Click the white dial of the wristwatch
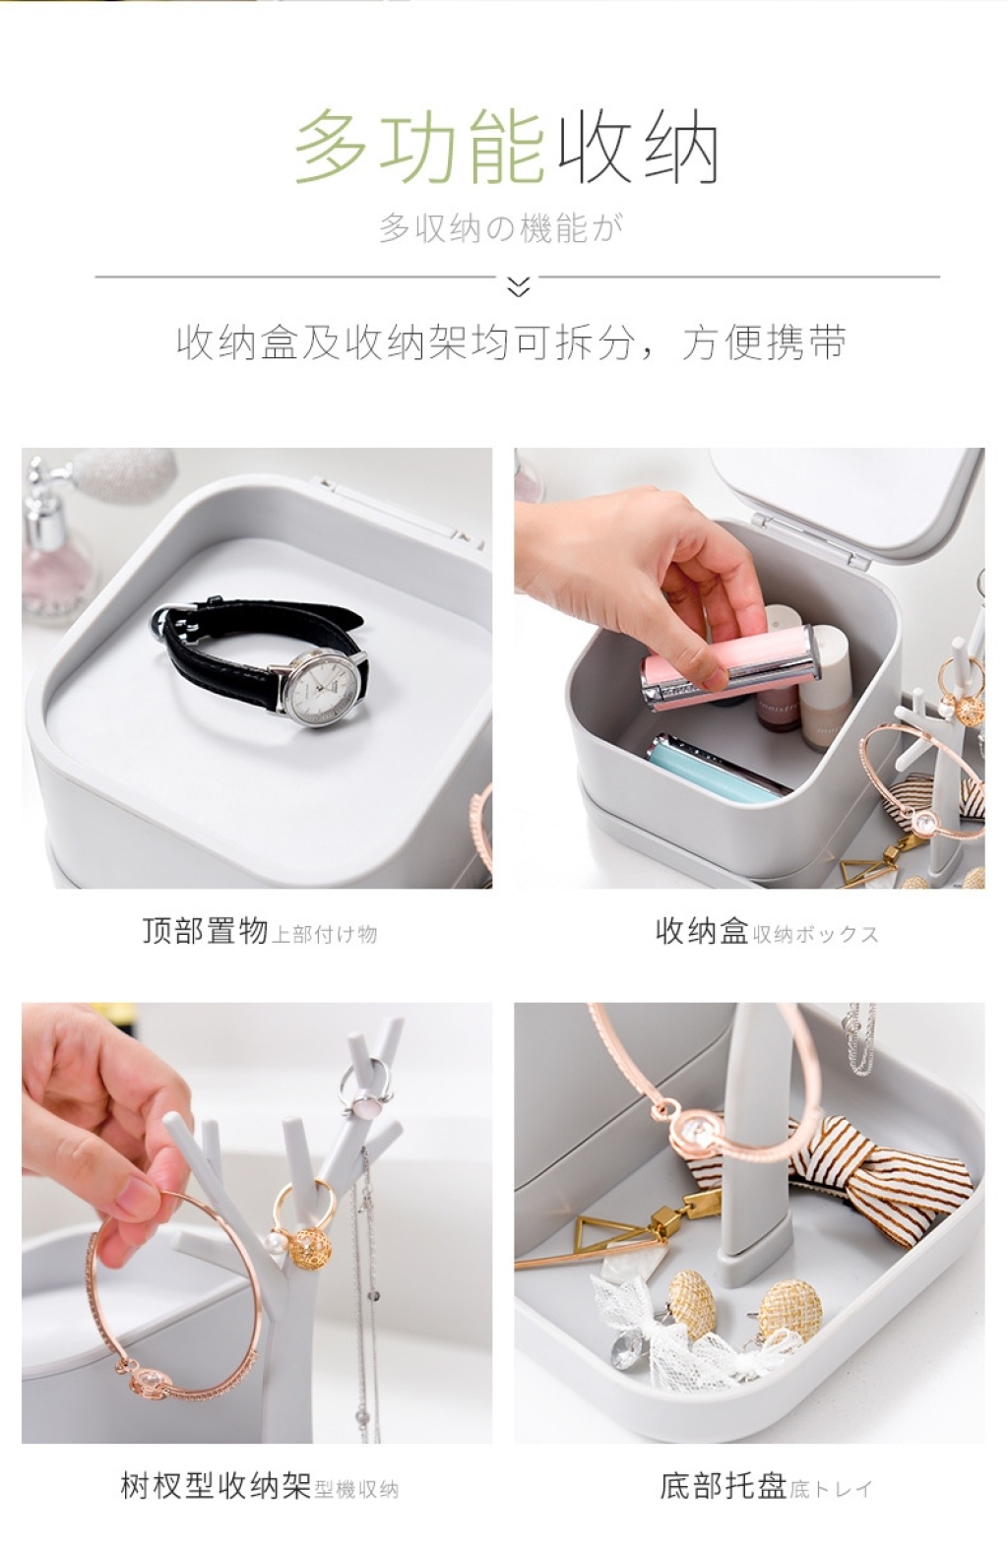(x=323, y=686)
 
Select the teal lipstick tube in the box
(x=719, y=768)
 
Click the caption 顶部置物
(x=205, y=931)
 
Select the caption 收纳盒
(x=702, y=931)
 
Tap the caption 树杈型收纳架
(x=216, y=1484)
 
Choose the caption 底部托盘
(x=724, y=1484)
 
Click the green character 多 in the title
(x=332, y=147)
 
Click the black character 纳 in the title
(x=679, y=147)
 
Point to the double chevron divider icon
(x=518, y=286)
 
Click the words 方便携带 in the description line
(x=764, y=342)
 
